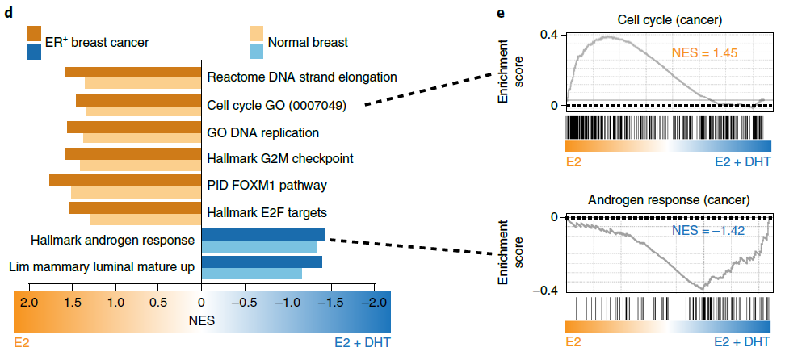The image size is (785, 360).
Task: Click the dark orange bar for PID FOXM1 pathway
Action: [x=125, y=180]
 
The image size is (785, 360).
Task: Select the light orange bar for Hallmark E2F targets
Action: [x=145, y=219]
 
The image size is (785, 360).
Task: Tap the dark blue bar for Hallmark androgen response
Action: [x=262, y=234]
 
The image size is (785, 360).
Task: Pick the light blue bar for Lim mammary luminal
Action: [x=251, y=274]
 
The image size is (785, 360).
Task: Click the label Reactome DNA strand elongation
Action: [x=302, y=77]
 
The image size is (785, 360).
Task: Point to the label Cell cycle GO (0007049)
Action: [x=277, y=105]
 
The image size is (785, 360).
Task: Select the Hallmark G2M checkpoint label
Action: [x=280, y=158]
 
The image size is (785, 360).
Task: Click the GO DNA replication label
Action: [x=263, y=132]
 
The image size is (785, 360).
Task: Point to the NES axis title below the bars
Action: [x=201, y=320]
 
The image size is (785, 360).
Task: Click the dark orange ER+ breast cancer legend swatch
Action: [x=34, y=33]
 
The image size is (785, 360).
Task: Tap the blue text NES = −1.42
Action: [x=707, y=232]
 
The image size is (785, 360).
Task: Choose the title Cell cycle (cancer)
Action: [x=667, y=18]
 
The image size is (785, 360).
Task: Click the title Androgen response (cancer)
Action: [x=667, y=199]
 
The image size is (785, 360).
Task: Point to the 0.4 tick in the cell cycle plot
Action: [x=549, y=36]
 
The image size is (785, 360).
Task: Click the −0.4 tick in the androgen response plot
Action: [x=547, y=289]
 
